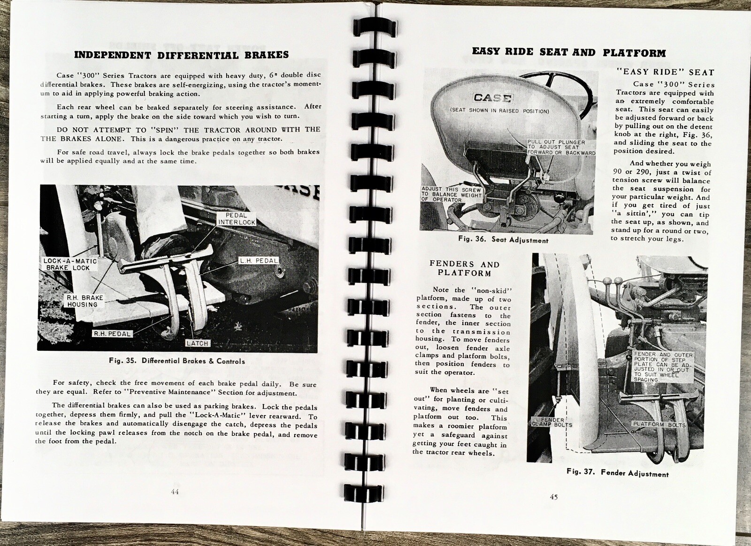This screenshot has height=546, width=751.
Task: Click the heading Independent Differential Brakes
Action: (x=181, y=55)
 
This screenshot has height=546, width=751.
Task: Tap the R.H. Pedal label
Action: (x=112, y=334)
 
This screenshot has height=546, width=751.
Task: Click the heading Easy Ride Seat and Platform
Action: (x=568, y=53)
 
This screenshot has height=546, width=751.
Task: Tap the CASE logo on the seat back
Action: (x=492, y=98)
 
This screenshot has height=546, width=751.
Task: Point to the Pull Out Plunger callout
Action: (x=561, y=147)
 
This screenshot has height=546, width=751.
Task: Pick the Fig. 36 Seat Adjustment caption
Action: (x=503, y=240)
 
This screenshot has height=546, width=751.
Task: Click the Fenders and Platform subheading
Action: (x=464, y=269)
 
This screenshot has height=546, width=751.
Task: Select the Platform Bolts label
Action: (x=659, y=425)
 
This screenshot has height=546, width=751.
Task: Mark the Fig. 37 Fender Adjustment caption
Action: (x=617, y=473)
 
